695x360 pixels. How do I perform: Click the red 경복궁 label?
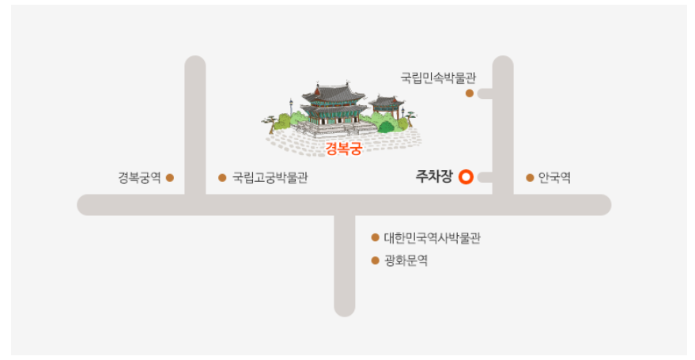pos(343,149)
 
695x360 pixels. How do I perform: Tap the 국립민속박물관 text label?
pos(438,78)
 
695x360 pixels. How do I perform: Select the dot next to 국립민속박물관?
pos(470,93)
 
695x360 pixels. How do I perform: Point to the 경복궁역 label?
pos(139,178)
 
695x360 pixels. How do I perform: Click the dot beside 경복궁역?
pos(170,178)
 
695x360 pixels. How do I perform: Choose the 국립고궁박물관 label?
pos(270,178)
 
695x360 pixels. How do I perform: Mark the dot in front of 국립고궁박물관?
pos(222,178)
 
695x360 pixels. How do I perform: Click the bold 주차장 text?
pos(434,176)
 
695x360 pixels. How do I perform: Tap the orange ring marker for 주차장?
pos(466,177)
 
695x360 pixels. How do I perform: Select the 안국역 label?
pos(554,178)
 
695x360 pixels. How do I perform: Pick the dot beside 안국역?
pos(530,178)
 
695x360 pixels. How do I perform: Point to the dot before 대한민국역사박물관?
pos(375,237)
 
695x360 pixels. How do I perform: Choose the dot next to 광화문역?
pos(375,260)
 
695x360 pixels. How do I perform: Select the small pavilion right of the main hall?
pos(387,106)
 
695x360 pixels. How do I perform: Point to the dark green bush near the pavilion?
pos(386,126)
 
